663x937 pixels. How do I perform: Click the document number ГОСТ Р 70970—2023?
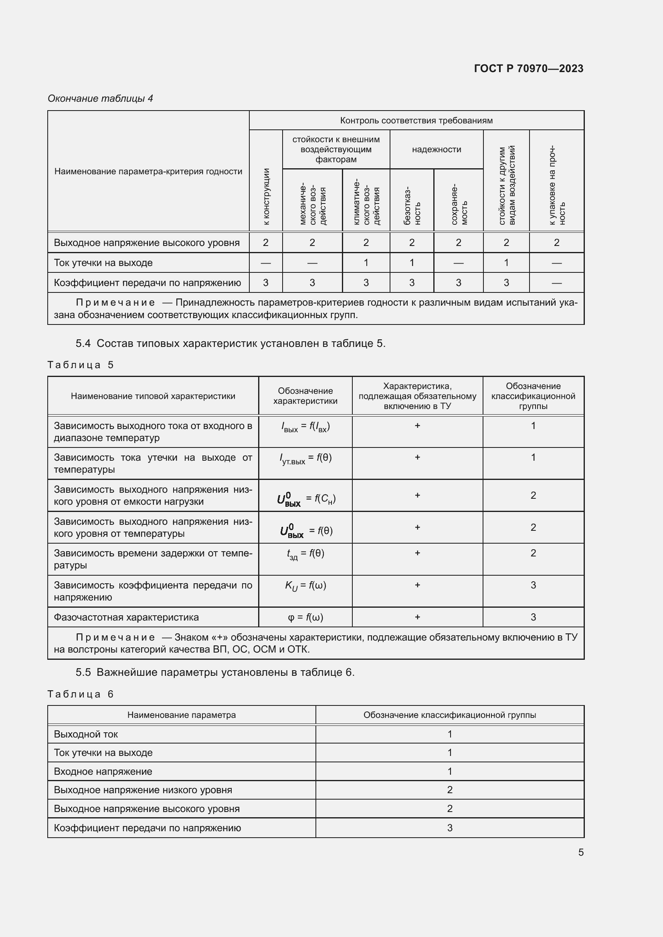(528, 69)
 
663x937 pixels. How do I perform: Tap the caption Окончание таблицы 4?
(100, 99)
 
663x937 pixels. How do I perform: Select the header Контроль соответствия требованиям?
(416, 121)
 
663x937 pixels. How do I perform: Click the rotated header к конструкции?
(266, 196)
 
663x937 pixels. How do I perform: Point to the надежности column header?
(436, 149)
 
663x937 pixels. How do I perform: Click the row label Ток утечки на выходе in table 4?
(103, 263)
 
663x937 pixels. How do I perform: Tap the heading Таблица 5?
(81, 365)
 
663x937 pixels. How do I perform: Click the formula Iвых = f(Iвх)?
(305, 427)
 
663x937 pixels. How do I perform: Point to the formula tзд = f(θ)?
(305, 554)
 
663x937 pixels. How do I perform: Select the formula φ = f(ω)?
(305, 617)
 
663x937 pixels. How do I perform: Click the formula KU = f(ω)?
(305, 586)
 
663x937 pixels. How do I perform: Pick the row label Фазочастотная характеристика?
(126, 617)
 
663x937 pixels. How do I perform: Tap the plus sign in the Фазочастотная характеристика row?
(417, 617)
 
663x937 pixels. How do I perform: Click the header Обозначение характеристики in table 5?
(305, 396)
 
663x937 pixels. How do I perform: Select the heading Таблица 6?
(81, 695)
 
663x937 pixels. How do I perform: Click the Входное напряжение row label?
(103, 772)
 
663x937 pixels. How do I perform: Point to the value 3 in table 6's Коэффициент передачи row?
(449, 828)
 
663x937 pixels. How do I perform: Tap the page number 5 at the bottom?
(580, 852)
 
